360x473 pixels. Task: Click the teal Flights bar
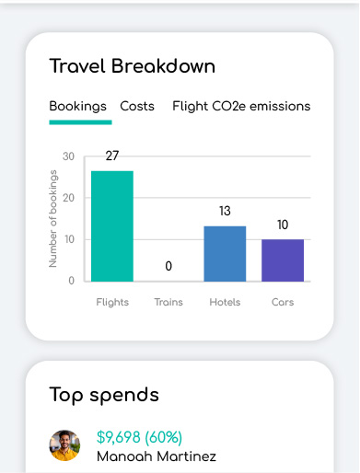(x=112, y=226)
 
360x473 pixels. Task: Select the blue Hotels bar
(x=225, y=254)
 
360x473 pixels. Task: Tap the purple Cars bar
(x=283, y=260)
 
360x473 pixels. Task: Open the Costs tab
(x=137, y=106)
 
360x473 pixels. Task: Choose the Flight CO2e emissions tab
(x=241, y=107)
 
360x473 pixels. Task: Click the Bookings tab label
(x=78, y=107)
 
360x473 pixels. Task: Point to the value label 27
(x=112, y=156)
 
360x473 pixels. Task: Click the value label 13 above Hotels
(x=225, y=211)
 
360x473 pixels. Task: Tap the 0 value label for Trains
(x=168, y=266)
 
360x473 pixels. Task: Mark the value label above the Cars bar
(x=283, y=225)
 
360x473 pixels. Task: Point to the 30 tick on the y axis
(x=68, y=156)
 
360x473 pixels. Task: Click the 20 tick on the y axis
(x=68, y=198)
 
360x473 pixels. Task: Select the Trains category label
(x=168, y=302)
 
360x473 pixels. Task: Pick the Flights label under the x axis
(x=112, y=303)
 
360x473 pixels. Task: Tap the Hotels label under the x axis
(x=225, y=302)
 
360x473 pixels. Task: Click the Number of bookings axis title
(x=52, y=218)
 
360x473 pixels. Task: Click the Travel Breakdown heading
(x=133, y=66)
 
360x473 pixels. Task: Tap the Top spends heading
(x=104, y=395)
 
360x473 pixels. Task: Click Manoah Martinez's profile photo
(x=64, y=445)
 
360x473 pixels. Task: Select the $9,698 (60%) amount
(x=140, y=437)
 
